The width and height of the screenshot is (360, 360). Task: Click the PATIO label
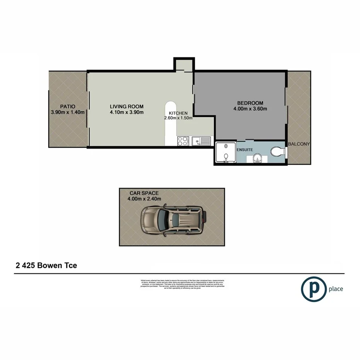[x=68, y=106]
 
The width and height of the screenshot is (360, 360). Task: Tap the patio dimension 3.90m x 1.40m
[x=68, y=112]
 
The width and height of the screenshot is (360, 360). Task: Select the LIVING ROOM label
[x=126, y=107]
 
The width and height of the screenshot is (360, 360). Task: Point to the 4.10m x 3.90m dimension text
[x=126, y=113]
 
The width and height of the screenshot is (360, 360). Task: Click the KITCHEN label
[x=178, y=112]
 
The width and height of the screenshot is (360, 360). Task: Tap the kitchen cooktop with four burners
[x=182, y=141]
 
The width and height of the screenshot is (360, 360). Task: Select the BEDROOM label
[x=250, y=103]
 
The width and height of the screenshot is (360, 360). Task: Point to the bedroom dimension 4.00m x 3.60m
[x=250, y=109]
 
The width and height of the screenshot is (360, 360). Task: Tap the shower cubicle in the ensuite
[x=225, y=153]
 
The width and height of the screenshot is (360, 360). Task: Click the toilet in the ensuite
[x=278, y=152]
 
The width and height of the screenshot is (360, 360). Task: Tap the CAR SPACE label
[x=144, y=192]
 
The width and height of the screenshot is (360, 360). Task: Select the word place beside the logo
[x=335, y=289]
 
